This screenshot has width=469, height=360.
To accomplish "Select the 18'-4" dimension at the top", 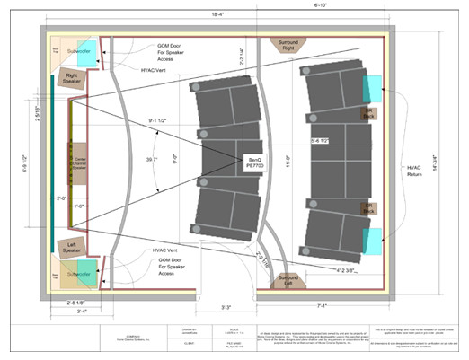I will coord(216,13).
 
